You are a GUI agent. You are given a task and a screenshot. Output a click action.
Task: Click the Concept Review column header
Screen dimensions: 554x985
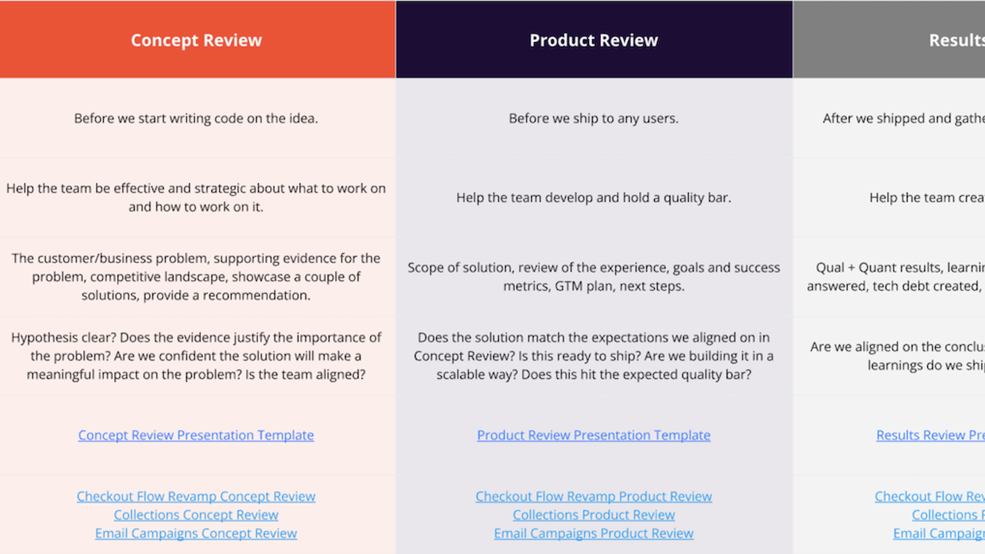click(x=196, y=40)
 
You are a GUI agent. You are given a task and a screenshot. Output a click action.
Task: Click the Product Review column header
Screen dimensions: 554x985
click(x=594, y=40)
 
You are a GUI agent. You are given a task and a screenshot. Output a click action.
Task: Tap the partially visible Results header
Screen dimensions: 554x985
click(x=956, y=40)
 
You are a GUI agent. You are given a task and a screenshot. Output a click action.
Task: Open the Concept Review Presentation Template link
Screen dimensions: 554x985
click(x=196, y=435)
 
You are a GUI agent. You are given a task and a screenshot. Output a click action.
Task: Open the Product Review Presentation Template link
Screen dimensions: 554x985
click(x=594, y=435)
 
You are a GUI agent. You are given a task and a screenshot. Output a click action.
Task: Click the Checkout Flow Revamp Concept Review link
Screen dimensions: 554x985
click(x=196, y=496)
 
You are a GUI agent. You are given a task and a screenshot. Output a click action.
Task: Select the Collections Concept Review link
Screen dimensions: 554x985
click(x=196, y=515)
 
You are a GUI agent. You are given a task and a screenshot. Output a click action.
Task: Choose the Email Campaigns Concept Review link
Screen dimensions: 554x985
click(x=196, y=533)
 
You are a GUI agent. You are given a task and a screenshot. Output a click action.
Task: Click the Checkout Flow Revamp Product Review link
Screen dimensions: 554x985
click(x=594, y=496)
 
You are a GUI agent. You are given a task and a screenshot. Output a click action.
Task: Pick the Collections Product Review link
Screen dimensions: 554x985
click(x=594, y=515)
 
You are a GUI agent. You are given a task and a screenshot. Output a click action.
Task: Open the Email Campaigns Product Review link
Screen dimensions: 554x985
click(x=594, y=533)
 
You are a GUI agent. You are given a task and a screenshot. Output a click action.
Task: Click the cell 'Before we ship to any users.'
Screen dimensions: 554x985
click(x=594, y=118)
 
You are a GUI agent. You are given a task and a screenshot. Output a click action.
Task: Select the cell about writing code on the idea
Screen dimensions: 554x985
click(x=196, y=118)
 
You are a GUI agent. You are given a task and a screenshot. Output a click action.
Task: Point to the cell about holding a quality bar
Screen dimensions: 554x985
click(x=594, y=198)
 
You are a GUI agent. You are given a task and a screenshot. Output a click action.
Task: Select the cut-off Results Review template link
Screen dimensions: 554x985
click(x=930, y=435)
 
